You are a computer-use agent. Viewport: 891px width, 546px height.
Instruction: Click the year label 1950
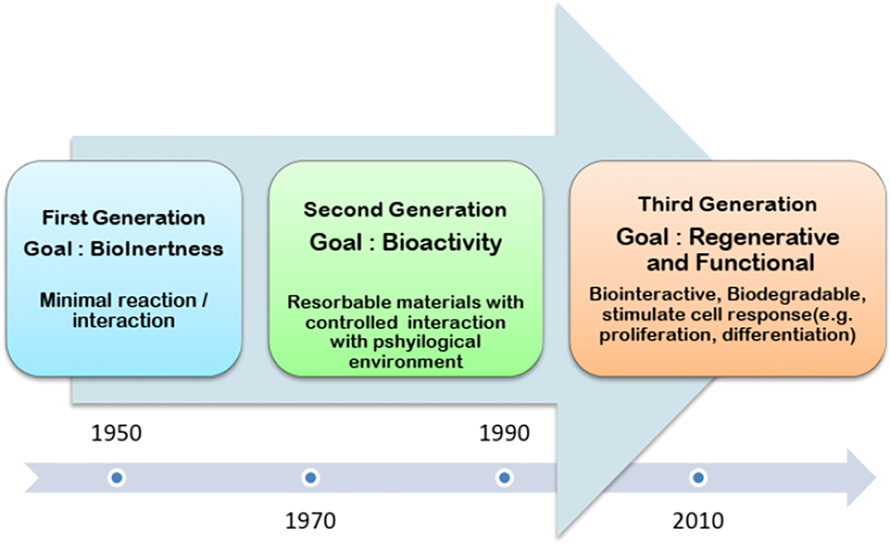(x=116, y=434)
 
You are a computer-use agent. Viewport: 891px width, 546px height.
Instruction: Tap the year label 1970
(x=310, y=521)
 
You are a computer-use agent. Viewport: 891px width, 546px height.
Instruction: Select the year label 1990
(x=504, y=434)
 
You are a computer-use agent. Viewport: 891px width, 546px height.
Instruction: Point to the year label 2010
(x=698, y=521)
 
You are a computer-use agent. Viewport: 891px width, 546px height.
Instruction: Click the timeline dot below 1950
(x=117, y=477)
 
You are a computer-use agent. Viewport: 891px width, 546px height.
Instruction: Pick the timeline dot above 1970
(x=310, y=477)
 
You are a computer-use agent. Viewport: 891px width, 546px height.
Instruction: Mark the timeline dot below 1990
(x=504, y=477)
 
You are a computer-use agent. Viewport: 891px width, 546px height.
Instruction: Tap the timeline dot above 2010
(x=698, y=477)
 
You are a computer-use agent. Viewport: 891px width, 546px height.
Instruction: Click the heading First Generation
(x=124, y=218)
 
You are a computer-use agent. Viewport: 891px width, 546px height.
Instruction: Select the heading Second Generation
(x=405, y=209)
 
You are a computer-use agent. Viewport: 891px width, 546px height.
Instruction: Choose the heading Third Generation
(x=727, y=205)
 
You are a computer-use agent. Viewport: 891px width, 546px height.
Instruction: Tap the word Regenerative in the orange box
(x=764, y=237)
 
